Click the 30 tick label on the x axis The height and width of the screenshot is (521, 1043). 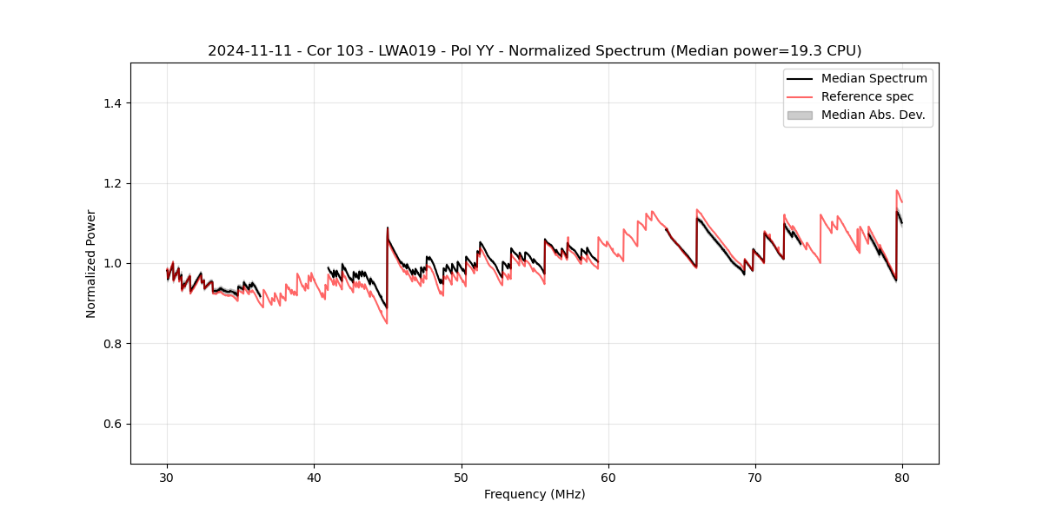(x=167, y=477)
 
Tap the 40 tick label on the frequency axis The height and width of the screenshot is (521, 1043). (x=314, y=477)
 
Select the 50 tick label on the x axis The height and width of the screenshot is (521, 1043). (x=461, y=477)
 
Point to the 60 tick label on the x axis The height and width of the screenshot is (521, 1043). (x=608, y=477)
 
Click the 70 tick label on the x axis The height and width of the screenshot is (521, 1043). (x=755, y=477)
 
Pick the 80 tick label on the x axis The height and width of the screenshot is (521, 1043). (x=902, y=477)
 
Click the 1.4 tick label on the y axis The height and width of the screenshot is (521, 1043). (x=111, y=103)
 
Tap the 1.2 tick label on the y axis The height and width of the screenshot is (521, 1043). (x=111, y=183)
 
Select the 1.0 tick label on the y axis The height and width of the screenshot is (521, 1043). (x=111, y=263)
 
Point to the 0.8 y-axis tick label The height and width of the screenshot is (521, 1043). (x=111, y=344)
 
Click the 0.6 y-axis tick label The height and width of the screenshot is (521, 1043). (x=111, y=424)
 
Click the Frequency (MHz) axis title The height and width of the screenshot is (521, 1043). (x=535, y=494)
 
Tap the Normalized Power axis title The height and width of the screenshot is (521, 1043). (x=91, y=263)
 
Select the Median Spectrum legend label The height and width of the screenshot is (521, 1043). (x=874, y=78)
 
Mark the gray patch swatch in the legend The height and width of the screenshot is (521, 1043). (x=800, y=115)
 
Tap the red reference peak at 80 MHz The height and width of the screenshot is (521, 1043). (x=897, y=190)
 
